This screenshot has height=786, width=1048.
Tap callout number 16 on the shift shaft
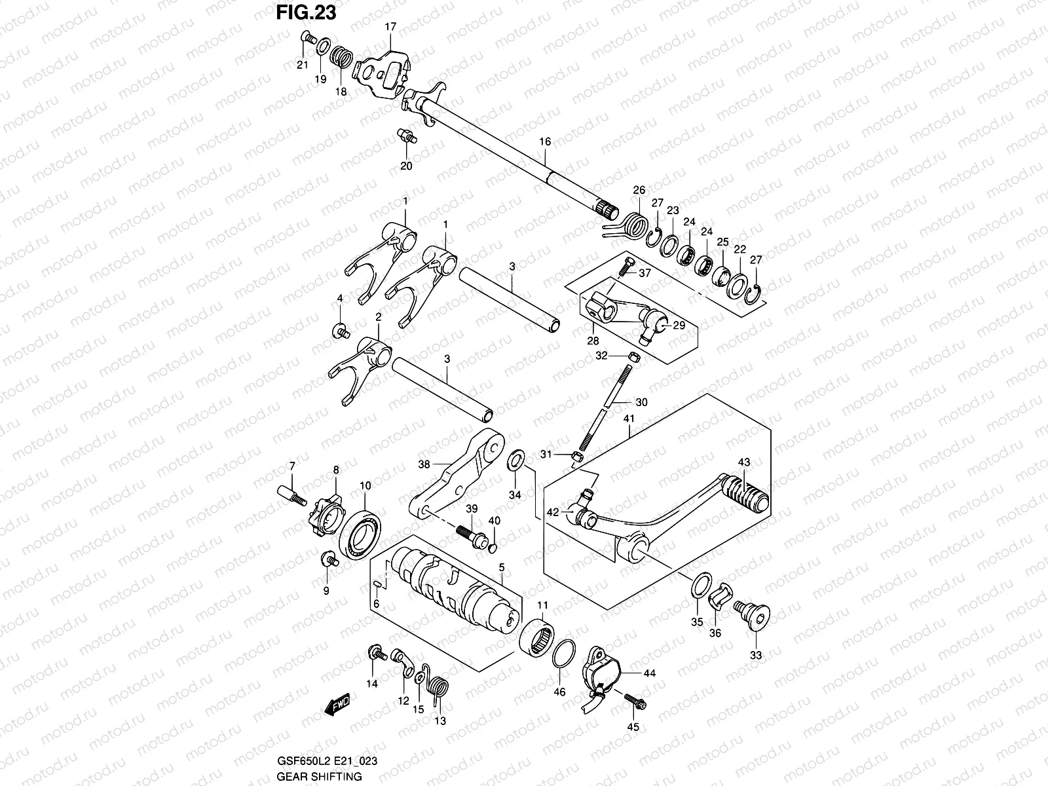[x=545, y=141]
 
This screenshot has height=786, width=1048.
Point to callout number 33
[x=756, y=655]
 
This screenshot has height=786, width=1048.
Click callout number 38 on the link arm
[x=424, y=464]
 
